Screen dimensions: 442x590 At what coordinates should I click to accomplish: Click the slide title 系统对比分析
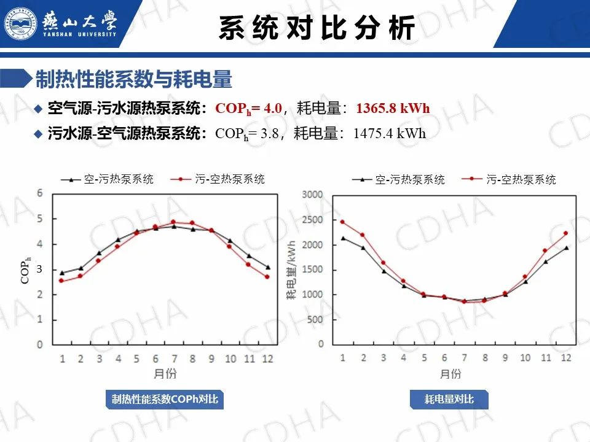(317, 28)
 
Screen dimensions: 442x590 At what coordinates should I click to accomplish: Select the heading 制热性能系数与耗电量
(133, 79)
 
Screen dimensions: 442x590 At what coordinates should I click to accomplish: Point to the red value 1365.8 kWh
(393, 109)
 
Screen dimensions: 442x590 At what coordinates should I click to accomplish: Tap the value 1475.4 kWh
(390, 133)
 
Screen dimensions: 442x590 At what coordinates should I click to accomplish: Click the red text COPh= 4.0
(248, 109)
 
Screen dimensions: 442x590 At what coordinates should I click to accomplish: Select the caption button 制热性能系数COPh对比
(165, 400)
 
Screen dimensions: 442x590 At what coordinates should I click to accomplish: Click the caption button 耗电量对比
(449, 400)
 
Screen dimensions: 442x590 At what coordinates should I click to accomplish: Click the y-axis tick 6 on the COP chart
(40, 193)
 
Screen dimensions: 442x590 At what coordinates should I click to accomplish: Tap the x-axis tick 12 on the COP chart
(267, 359)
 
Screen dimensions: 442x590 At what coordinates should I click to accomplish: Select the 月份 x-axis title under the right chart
(450, 374)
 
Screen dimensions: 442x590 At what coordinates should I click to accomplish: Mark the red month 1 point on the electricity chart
(342, 222)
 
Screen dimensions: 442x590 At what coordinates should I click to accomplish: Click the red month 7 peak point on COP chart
(173, 222)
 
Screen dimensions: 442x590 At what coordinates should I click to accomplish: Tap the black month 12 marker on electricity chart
(566, 249)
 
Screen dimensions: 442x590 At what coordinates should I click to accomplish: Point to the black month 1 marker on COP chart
(61, 273)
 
